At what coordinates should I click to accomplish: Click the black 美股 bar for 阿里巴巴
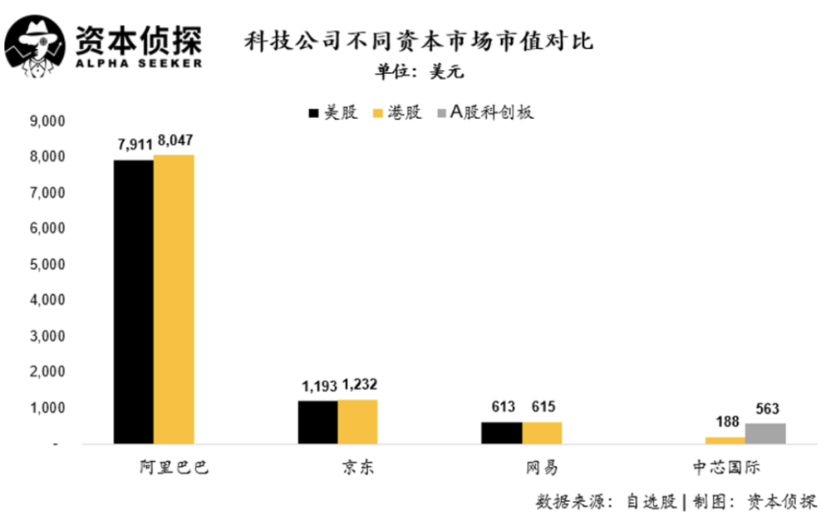coord(133,302)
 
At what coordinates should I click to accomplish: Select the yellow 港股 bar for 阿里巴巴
coord(174,299)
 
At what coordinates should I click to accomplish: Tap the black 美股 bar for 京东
coord(317,422)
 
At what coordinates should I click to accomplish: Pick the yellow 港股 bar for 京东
coord(357,421)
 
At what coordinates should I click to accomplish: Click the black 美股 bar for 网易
coord(502,432)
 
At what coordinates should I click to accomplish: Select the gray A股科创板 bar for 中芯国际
coord(765,433)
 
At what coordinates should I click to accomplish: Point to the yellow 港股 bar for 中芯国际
coord(725,440)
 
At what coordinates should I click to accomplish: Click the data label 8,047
coord(175,140)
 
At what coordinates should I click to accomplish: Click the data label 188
coord(725,423)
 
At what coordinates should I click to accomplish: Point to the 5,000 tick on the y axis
coord(48,264)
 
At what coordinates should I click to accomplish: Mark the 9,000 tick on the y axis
coord(48,121)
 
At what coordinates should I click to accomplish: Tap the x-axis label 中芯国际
coord(725,467)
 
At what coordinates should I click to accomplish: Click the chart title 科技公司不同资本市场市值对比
coord(419,41)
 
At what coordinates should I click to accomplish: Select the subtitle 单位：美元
coord(419,71)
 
